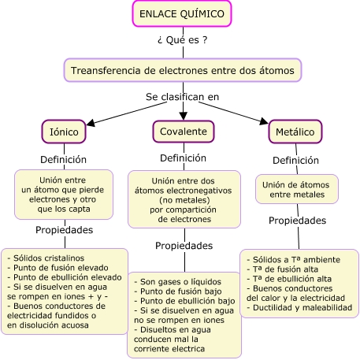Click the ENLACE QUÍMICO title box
(x=182, y=13)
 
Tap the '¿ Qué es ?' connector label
(x=183, y=40)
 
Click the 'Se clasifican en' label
(x=183, y=97)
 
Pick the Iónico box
(x=64, y=132)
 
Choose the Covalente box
(x=184, y=132)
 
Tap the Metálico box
(x=295, y=132)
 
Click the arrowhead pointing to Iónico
(x=91, y=123)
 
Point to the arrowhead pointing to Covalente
(x=183, y=116)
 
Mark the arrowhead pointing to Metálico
(x=264, y=121)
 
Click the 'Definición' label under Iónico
(x=63, y=159)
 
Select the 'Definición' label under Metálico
(x=295, y=160)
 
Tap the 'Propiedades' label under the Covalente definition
(x=184, y=246)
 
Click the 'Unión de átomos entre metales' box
(x=297, y=189)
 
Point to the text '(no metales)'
(x=184, y=200)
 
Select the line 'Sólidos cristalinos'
(x=49, y=258)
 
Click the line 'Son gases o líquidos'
(x=180, y=282)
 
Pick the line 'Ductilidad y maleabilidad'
(x=302, y=307)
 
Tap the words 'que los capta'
(x=64, y=209)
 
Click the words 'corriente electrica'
(x=169, y=349)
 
